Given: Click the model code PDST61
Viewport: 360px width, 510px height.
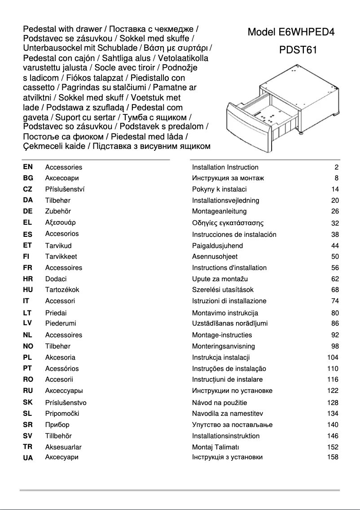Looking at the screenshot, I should point(298,50).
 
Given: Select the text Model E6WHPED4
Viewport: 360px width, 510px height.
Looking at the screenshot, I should point(291,32).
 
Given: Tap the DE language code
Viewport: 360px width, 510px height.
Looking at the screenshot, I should point(28,211).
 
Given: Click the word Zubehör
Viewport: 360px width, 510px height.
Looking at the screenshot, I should point(58,211).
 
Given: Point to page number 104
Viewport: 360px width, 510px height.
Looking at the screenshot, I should point(332,357).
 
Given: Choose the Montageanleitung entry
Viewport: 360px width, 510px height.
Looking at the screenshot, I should point(219,211).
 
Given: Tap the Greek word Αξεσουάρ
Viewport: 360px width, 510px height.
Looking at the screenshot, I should point(61,222).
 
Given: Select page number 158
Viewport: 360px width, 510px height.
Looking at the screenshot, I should point(332,457).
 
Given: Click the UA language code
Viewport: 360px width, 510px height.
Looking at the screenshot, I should point(28,458).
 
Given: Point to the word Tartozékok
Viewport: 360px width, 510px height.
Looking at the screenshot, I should point(62,290).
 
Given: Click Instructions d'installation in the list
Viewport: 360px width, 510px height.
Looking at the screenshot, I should point(229,268).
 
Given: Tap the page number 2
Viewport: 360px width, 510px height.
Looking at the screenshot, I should point(336,167).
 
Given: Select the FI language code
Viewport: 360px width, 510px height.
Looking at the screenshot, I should point(26,257).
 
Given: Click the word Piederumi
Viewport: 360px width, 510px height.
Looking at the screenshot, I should point(61,323).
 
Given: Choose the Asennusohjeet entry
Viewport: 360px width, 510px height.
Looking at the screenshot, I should point(215,257).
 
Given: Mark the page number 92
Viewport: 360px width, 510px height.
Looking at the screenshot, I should point(334,335).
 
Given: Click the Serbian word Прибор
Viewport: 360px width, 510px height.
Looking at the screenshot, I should point(57,424).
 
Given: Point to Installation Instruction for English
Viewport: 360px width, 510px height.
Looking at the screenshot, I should point(225,167).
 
